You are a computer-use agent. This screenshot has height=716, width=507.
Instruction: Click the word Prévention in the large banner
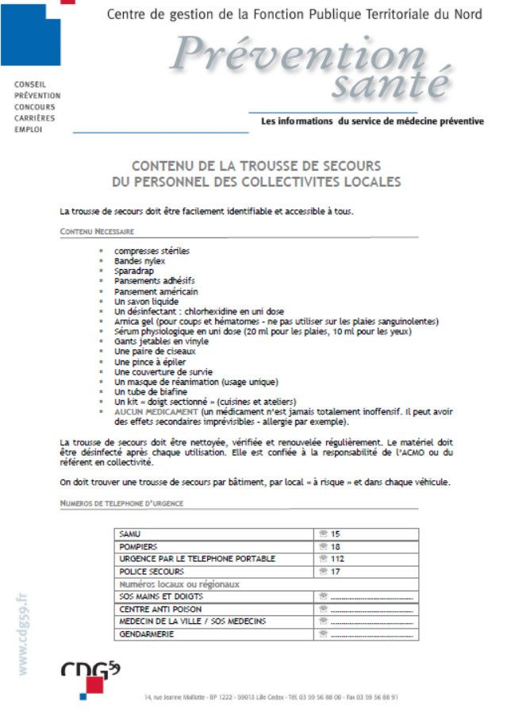click(298, 55)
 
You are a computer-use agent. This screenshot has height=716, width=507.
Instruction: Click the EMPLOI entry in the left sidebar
click(29, 129)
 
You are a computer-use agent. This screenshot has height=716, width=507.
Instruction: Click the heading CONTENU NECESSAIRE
click(97, 231)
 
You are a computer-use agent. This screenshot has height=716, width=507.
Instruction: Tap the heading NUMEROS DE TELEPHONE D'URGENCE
click(121, 503)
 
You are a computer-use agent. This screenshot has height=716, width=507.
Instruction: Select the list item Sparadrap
click(134, 271)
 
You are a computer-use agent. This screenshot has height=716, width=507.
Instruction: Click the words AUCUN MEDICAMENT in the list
click(156, 412)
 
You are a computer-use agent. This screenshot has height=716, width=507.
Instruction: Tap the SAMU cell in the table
click(130, 534)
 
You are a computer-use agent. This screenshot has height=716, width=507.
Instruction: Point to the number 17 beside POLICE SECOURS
click(336, 572)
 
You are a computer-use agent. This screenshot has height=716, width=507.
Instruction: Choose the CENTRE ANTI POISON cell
click(155, 609)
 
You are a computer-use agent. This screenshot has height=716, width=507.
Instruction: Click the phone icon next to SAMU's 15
click(323, 534)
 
